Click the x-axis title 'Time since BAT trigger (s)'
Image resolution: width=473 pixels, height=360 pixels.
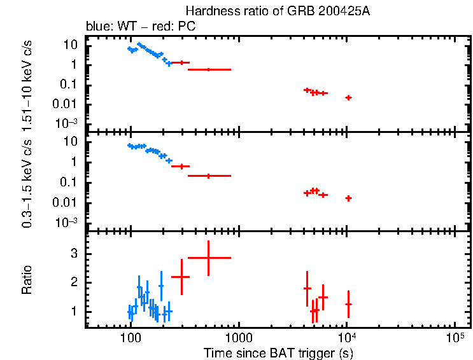pyautogui.click(x=278, y=352)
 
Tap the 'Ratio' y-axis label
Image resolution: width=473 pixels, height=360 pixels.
pyautogui.click(x=27, y=280)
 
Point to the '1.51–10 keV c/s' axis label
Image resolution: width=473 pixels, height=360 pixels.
pyautogui.click(x=27, y=83)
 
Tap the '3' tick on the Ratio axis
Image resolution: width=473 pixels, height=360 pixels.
pyautogui.click(x=74, y=253)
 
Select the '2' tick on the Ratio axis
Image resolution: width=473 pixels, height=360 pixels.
pyautogui.click(x=74, y=282)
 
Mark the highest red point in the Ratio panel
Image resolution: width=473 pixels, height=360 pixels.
pyautogui.click(x=209, y=258)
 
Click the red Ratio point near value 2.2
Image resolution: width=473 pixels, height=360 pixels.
pyautogui.click(x=182, y=277)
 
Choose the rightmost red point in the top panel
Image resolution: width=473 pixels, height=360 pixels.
pyautogui.click(x=348, y=97)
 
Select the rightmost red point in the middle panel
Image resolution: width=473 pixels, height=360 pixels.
pyautogui.click(x=348, y=198)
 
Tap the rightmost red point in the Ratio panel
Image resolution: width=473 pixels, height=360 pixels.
pyautogui.click(x=348, y=305)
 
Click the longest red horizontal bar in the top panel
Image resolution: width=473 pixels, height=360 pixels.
pyautogui.click(x=209, y=69)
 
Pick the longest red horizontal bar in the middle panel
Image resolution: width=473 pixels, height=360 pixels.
pyautogui.click(x=209, y=176)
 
